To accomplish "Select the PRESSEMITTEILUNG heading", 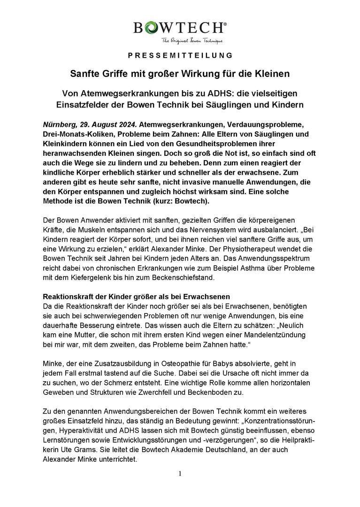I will click(180, 55).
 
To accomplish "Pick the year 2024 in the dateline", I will click(125, 124).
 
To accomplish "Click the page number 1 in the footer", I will click(180, 473).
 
